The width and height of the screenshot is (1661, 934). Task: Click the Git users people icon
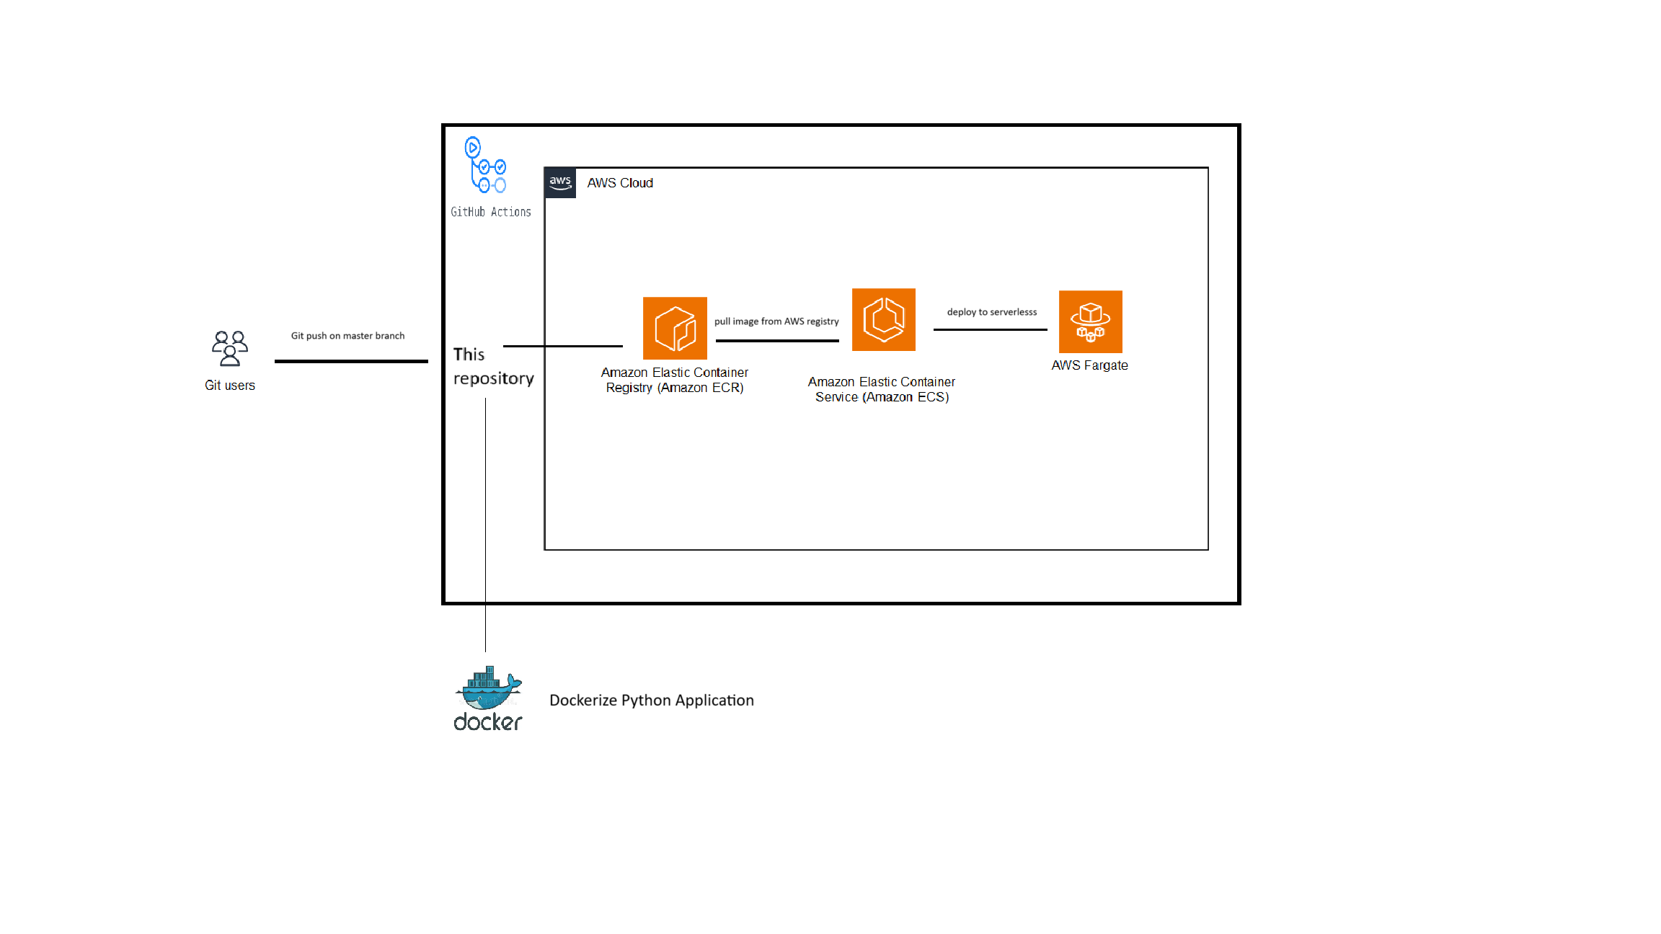coord(230,349)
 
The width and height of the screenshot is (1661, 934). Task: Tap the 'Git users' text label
coord(230,386)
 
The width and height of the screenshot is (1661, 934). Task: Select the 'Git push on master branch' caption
coord(347,336)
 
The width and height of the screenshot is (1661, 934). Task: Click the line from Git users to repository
coord(351,361)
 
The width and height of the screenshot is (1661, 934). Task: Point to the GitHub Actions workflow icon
coord(486,166)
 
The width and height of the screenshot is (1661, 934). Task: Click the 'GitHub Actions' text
coord(491,212)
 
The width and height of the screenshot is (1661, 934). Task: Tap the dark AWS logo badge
coord(560,182)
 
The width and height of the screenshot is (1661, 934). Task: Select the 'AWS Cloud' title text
coord(620,183)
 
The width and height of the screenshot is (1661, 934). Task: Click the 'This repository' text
coord(493,366)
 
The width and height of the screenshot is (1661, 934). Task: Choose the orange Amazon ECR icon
coord(675,328)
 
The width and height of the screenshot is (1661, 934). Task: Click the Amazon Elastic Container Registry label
coord(675,380)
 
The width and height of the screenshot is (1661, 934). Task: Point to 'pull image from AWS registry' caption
coord(776,321)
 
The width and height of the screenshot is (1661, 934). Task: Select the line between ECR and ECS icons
coord(777,340)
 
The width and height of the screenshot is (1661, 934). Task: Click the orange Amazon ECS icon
coord(883,320)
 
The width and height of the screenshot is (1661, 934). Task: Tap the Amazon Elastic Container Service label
coord(882,389)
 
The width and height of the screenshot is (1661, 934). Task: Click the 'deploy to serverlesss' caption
coord(992,312)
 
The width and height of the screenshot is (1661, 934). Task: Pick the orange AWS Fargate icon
coord(1090,321)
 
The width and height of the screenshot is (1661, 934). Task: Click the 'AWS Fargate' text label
coord(1089,365)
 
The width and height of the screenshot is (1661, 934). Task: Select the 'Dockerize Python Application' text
coord(652,700)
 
